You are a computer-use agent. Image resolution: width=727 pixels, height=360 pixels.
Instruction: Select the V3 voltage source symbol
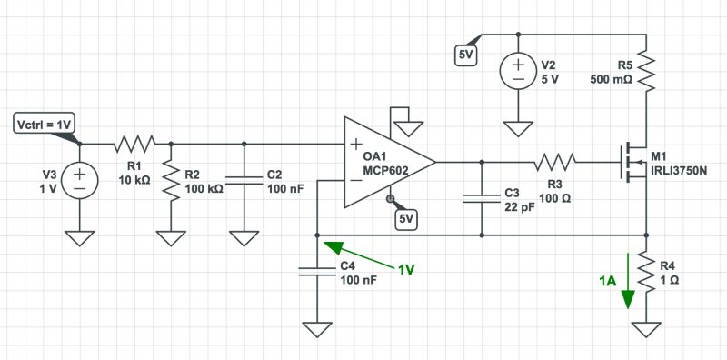[80, 178]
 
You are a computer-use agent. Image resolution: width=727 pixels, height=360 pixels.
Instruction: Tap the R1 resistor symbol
[134, 143]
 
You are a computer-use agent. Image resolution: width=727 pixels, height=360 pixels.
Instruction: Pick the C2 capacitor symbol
[244, 180]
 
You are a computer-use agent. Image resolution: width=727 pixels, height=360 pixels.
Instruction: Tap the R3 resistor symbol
[555, 162]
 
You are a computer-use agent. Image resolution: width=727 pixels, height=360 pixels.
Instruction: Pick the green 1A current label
[608, 282]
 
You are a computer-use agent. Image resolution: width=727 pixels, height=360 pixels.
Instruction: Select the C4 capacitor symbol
[316, 272]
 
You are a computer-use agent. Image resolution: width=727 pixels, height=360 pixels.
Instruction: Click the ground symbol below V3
[80, 238]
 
